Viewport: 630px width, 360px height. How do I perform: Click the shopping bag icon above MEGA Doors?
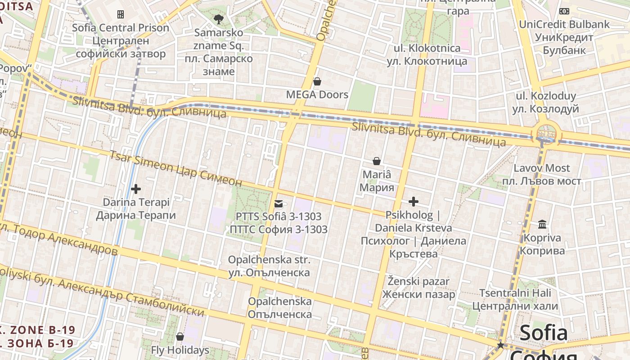(x=317, y=81)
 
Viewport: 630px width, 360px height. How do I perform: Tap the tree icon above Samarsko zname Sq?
(x=219, y=19)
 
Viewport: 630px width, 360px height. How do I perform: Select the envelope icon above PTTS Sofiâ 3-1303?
(x=279, y=204)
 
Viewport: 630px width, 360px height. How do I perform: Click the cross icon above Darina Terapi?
(x=136, y=189)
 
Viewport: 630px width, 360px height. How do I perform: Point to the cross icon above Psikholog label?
(x=414, y=202)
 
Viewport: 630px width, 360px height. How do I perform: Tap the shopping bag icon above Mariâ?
(x=377, y=161)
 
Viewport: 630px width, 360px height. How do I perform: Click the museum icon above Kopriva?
(x=542, y=224)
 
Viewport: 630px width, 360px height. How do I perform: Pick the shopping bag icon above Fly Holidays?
(x=180, y=337)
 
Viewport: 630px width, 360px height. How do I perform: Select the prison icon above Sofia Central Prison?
(x=121, y=14)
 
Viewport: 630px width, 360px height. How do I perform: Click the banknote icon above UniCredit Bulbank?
(x=564, y=11)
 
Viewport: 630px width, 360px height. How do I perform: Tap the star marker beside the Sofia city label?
(x=500, y=345)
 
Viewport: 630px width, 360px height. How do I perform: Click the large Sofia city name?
(x=543, y=333)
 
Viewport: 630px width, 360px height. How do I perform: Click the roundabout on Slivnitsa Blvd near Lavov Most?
(x=546, y=134)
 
